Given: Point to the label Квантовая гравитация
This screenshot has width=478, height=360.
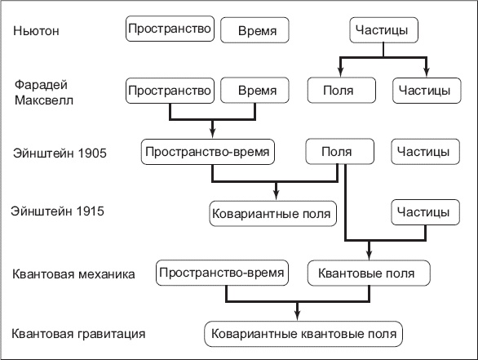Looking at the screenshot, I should (x=79, y=334).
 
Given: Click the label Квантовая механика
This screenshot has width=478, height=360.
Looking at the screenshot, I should (x=73, y=273).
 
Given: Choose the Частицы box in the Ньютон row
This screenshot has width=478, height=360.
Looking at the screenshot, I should (x=384, y=31).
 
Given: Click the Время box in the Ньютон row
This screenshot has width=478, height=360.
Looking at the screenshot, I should (x=258, y=32).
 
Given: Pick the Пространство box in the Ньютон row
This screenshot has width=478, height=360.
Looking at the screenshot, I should (x=170, y=29).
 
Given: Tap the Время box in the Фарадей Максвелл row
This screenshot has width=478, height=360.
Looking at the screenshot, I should (x=258, y=90).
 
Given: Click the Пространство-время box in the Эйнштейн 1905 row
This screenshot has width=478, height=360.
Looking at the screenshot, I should (x=206, y=152).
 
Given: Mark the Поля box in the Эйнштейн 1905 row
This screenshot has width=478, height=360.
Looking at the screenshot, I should (x=336, y=152).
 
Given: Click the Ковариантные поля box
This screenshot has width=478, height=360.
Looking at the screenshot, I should (x=272, y=214).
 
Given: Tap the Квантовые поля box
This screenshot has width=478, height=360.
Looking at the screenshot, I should (x=367, y=273).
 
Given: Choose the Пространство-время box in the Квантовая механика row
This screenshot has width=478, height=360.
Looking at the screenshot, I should (x=223, y=272).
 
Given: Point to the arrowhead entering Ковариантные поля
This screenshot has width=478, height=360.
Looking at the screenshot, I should (x=277, y=196).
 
